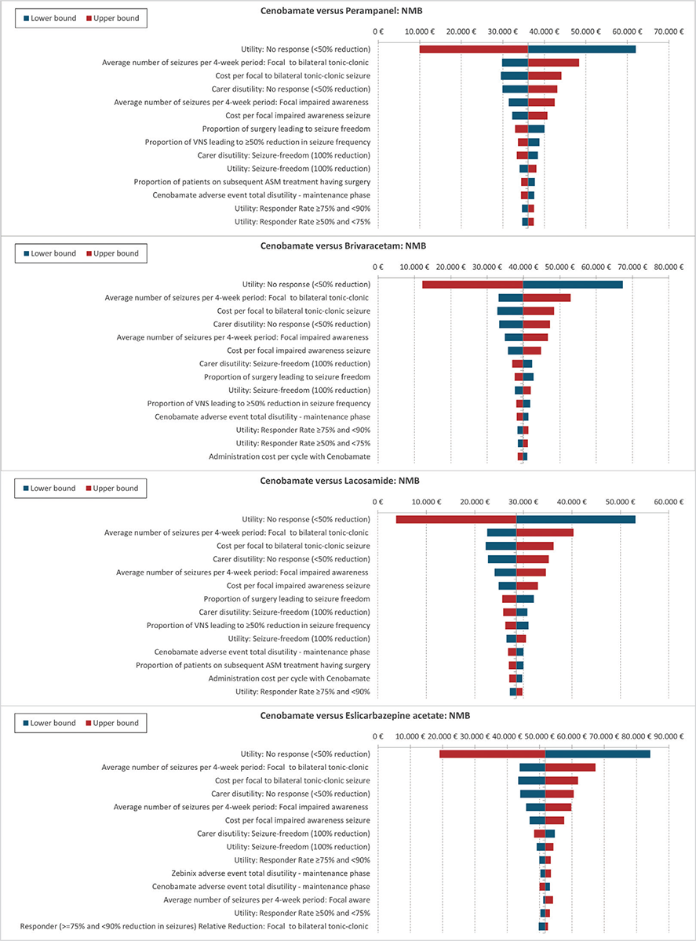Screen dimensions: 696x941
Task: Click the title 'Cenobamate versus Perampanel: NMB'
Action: (x=341, y=11)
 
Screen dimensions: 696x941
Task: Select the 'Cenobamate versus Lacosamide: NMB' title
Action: (x=340, y=481)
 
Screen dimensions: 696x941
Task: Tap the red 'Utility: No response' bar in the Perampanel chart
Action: (x=474, y=49)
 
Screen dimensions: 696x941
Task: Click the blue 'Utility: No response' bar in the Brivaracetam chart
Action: (x=573, y=284)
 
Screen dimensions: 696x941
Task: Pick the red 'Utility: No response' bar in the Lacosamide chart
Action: (x=456, y=519)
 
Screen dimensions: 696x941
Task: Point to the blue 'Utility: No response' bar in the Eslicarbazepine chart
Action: (x=597, y=754)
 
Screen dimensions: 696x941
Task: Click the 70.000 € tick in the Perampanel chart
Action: (x=669, y=31)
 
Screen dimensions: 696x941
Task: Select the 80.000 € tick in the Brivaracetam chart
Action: (x=669, y=267)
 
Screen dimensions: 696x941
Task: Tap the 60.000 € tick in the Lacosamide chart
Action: (x=669, y=502)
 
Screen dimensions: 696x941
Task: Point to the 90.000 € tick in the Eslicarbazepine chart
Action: (x=669, y=736)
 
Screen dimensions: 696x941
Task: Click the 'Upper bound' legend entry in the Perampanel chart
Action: (x=112, y=18)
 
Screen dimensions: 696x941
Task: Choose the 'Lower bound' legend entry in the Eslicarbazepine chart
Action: (x=49, y=723)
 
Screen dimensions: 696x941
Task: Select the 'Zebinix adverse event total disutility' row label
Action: (x=271, y=873)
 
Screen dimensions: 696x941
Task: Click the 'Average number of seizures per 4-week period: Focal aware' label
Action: (x=267, y=899)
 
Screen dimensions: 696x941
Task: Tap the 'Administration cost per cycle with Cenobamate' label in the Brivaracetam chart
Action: (x=290, y=456)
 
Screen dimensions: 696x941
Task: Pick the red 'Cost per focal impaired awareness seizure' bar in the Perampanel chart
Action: (x=537, y=115)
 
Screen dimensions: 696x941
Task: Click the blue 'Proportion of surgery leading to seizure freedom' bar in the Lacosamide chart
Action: (x=525, y=599)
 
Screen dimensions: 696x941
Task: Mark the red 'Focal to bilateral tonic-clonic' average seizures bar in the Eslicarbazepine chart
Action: (x=570, y=767)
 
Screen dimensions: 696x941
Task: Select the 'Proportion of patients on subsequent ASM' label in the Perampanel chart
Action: (x=252, y=182)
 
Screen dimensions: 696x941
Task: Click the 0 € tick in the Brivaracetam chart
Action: (x=378, y=267)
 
